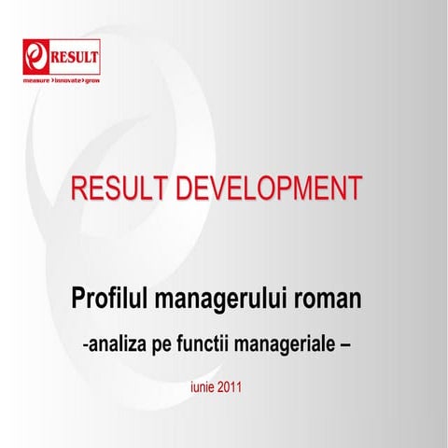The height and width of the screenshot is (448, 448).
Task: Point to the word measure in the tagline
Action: pos(38,82)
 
